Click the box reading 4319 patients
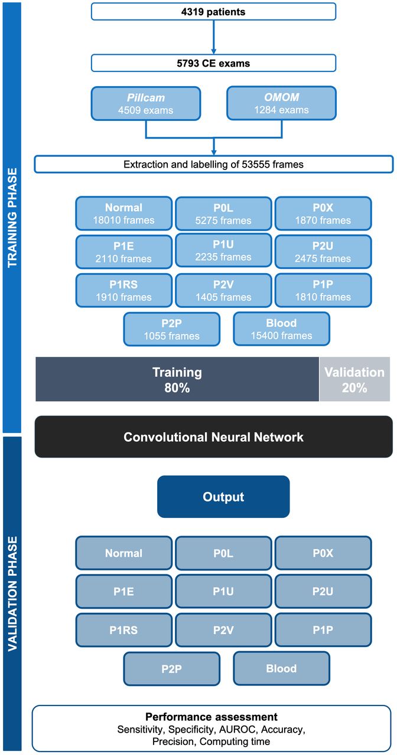click(213, 12)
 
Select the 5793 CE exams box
click(213, 63)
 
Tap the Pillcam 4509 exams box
click(146, 103)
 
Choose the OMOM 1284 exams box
click(282, 103)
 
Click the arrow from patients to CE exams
click(213, 37)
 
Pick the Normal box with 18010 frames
click(124, 214)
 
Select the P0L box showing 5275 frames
click(223, 214)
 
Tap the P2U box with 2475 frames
click(323, 252)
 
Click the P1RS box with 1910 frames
click(124, 291)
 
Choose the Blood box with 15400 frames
click(282, 329)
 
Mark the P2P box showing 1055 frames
click(172, 329)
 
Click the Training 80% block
click(177, 379)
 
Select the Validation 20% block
click(354, 379)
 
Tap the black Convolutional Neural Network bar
click(214, 437)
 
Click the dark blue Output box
click(223, 497)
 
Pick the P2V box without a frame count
click(223, 630)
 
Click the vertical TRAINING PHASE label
click(12, 218)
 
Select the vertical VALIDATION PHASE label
click(12, 594)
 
